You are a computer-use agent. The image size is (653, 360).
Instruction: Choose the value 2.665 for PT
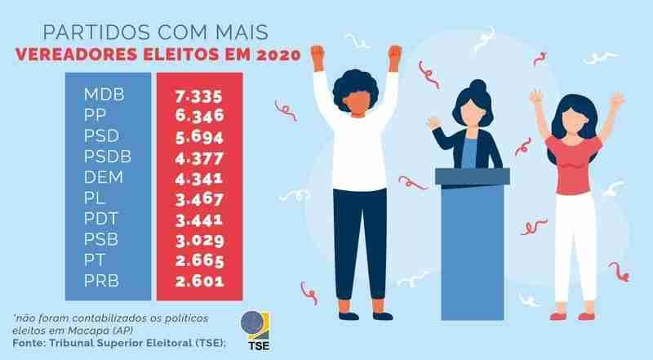[199, 262]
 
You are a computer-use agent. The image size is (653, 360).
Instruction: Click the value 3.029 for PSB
[199, 241]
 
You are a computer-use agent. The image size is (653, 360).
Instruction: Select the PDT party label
[104, 220]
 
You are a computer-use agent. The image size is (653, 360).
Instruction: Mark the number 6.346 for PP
[199, 115]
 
